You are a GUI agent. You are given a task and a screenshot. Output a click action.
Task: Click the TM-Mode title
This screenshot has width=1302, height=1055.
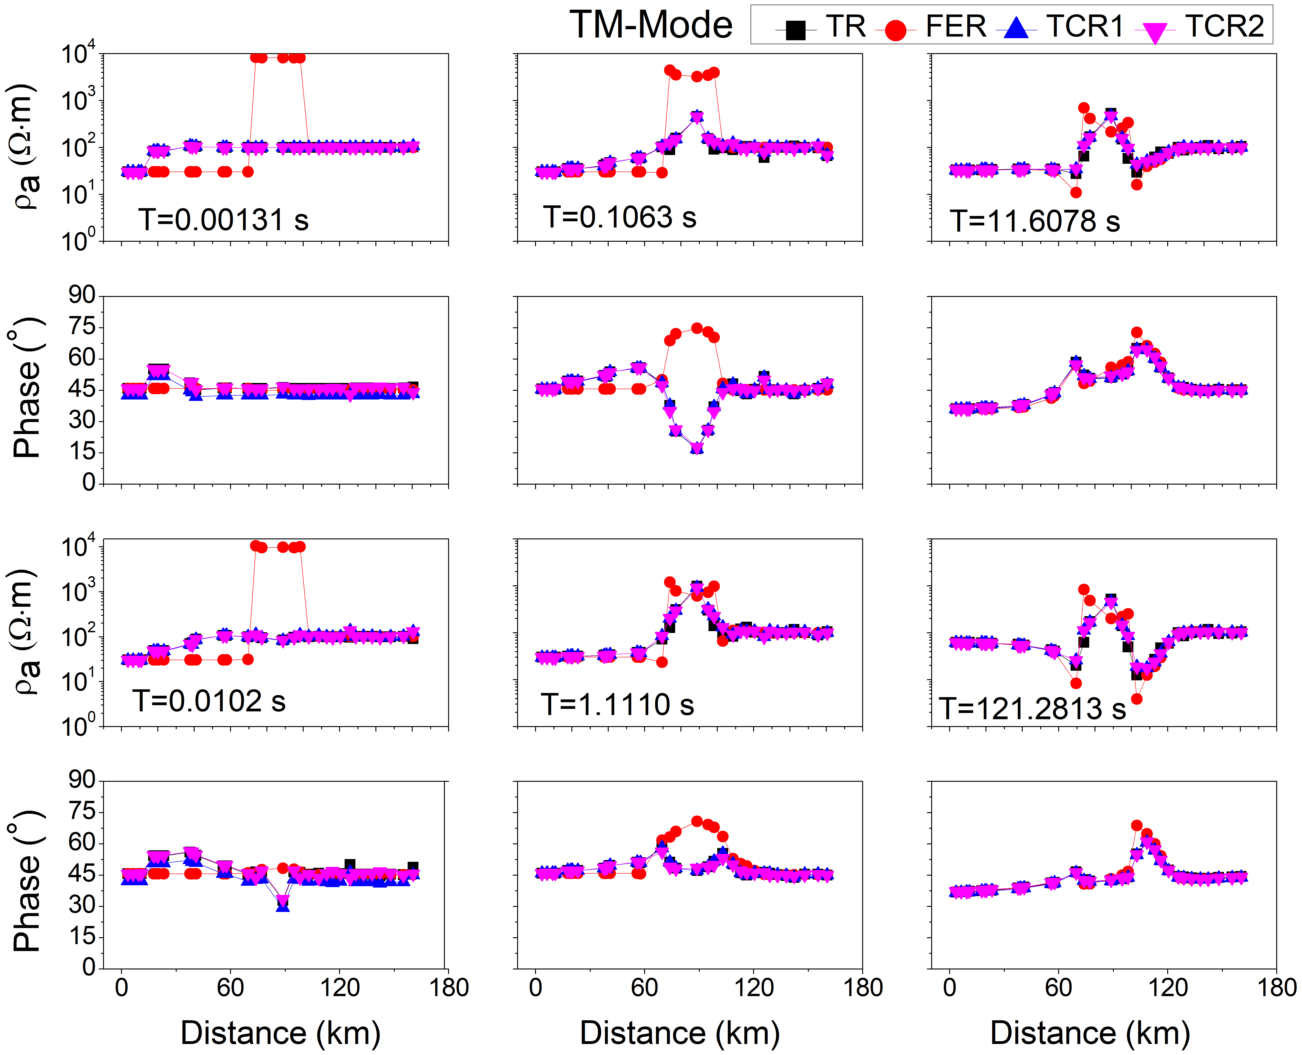pos(650,26)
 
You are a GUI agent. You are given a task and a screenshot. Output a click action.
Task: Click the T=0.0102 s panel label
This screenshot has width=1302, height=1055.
pos(208,701)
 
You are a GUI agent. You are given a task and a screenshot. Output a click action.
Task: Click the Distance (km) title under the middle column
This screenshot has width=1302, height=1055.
pos(680,1033)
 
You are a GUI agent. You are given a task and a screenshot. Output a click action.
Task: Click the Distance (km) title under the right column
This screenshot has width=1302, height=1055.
pos(1090,1033)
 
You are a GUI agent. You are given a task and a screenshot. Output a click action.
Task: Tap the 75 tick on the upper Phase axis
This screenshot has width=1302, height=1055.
pos(81,327)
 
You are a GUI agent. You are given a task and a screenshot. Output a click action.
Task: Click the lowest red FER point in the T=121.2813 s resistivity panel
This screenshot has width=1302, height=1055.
pos(1137,699)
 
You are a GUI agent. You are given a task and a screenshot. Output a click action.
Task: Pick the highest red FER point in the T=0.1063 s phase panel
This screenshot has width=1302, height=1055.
pos(697,328)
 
